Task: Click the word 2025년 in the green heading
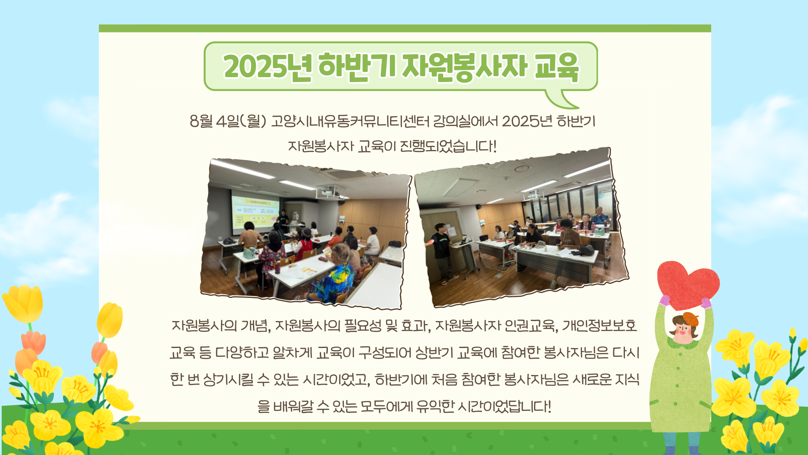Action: point(268,67)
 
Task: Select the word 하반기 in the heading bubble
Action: point(357,67)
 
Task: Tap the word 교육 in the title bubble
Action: point(556,67)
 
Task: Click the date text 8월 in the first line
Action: point(201,121)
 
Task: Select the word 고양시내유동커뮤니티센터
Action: point(350,121)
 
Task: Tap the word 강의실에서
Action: point(465,121)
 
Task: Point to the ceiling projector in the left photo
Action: point(331,192)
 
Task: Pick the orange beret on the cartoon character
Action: point(686,319)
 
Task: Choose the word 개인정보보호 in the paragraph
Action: point(599,326)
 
